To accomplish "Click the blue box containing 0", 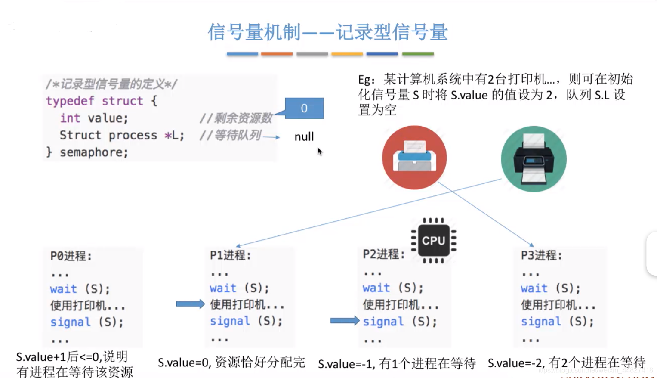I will (x=304, y=108).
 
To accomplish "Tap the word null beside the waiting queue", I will (x=304, y=137).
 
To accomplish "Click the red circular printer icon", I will (x=414, y=158).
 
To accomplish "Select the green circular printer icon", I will (x=534, y=159).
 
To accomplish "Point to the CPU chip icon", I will (x=433, y=240).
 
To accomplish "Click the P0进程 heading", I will (x=71, y=256).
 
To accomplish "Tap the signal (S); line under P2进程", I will (x=400, y=322).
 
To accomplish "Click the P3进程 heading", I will (x=541, y=255).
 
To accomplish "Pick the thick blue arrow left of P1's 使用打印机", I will (x=190, y=304).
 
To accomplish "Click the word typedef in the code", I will (x=70, y=101).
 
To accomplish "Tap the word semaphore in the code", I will (x=94, y=152).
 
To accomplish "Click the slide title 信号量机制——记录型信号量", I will (x=328, y=32).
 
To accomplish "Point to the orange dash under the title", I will (x=277, y=54).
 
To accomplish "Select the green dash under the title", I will (x=418, y=54).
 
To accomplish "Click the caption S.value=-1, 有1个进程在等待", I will (x=397, y=364).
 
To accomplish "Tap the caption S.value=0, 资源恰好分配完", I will (x=231, y=363).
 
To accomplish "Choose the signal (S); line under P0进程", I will (x=86, y=322).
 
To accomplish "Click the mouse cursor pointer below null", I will (x=319, y=151).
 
